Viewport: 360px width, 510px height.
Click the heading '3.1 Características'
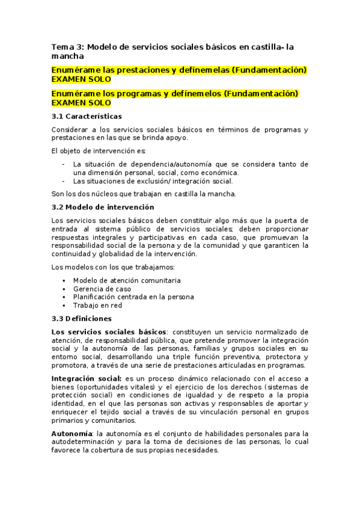(x=87, y=116)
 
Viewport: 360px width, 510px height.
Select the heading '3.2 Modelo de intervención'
(x=103, y=207)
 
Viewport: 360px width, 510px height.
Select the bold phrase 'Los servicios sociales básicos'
(x=110, y=331)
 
